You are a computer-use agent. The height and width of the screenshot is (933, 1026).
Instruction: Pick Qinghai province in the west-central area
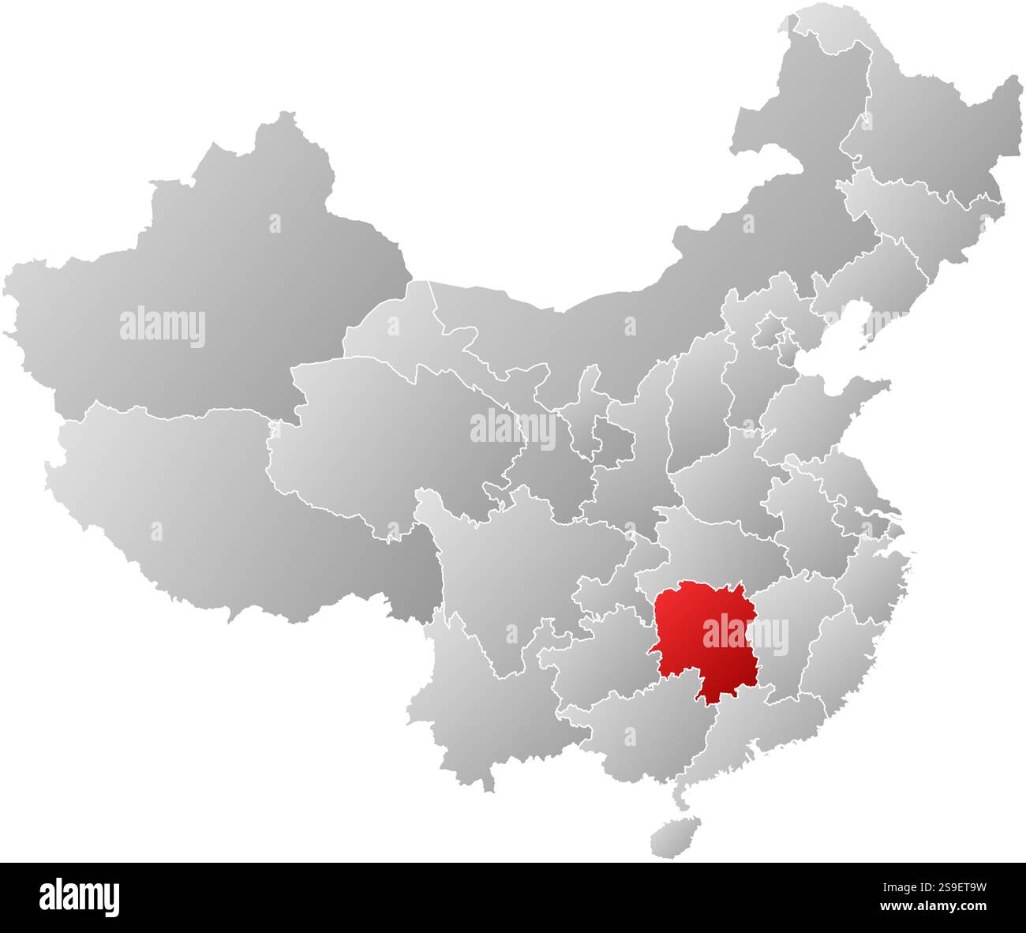[x=395, y=442]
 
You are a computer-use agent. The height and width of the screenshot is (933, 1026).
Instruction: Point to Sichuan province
[x=505, y=568]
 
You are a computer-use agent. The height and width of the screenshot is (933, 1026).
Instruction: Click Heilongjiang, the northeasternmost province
[x=931, y=134]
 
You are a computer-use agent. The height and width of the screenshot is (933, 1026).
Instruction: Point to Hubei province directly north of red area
[x=710, y=545]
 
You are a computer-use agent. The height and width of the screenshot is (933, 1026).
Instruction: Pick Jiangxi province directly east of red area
[x=789, y=639]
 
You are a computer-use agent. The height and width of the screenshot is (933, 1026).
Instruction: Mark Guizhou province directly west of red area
[x=600, y=655]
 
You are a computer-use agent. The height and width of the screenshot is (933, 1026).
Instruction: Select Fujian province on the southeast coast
[x=844, y=655]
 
